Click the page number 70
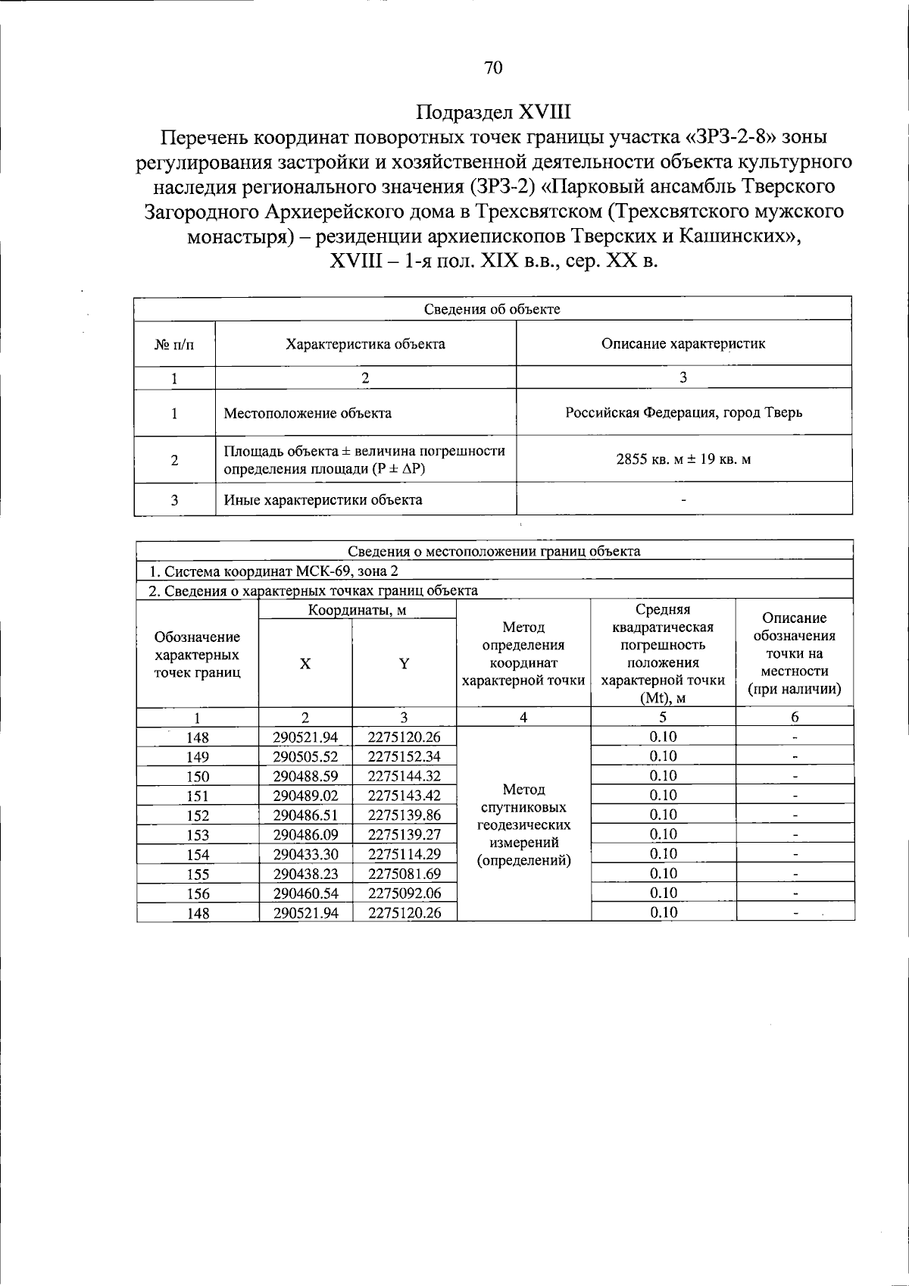(492, 67)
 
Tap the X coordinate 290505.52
(305, 756)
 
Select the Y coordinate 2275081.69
(405, 874)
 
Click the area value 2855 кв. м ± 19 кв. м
(683, 459)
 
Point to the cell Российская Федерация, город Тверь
(683, 413)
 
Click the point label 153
(198, 835)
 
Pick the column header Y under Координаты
(405, 663)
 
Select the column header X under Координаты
(305, 663)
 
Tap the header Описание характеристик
(683, 344)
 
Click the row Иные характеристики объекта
(323, 500)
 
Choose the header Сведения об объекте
(492, 309)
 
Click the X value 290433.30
(305, 854)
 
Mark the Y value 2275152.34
(405, 756)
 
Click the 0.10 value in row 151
(663, 795)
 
